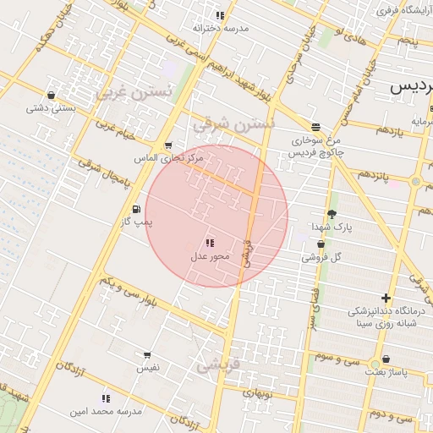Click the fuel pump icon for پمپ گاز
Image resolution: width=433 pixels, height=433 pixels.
[136, 209]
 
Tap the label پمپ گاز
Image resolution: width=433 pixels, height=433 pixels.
[139, 222]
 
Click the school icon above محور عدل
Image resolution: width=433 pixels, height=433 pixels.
[210, 244]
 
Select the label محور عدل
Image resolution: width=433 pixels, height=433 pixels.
[210, 256]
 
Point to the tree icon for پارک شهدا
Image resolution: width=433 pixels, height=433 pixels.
[331, 215]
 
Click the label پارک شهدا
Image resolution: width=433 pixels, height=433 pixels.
[330, 227]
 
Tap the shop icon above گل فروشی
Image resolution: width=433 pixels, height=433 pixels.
[321, 244]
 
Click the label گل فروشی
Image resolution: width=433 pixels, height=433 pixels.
[326, 256]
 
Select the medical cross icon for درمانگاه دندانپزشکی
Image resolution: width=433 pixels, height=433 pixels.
[386, 298]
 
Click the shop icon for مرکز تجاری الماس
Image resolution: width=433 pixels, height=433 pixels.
[168, 145]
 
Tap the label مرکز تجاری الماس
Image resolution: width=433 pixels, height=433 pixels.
[169, 158]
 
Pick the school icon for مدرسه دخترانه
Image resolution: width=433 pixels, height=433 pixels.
[220, 15]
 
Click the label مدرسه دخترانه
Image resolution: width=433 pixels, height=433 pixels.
[222, 28]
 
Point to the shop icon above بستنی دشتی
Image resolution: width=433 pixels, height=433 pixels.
[52, 96]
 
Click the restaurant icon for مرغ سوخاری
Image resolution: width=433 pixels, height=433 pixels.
[315, 127]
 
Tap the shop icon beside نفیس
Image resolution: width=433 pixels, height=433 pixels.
[147, 356]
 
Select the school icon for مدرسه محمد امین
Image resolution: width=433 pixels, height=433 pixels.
[106, 398]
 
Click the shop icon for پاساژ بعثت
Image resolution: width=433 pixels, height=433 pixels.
[386, 359]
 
